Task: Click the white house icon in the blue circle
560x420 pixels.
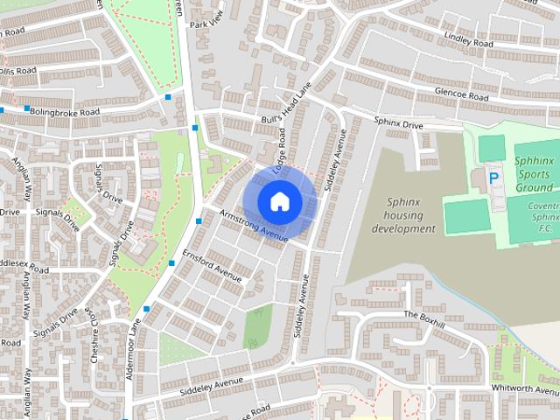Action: click(278, 201)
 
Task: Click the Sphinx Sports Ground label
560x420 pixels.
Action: click(522, 174)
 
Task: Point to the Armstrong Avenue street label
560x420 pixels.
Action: click(254, 225)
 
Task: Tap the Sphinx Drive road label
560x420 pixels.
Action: click(398, 124)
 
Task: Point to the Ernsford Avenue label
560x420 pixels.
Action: click(212, 265)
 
